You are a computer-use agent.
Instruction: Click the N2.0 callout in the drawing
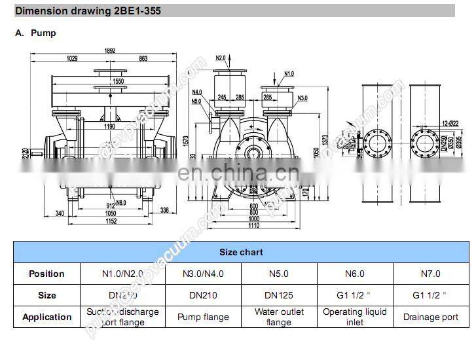point(221,58)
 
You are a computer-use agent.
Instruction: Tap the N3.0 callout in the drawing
point(302,98)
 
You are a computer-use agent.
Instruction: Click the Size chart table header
point(240,252)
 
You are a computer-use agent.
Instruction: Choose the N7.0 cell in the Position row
point(430,274)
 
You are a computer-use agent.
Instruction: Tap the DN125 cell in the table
point(279,295)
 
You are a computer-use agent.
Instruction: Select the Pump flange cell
point(203,317)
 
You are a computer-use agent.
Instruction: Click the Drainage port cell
point(430,317)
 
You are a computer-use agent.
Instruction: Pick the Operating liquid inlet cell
point(354,317)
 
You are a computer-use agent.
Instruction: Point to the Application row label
point(47,317)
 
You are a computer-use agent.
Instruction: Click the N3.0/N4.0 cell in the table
point(203,274)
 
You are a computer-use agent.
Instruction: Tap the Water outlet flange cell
point(279,317)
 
